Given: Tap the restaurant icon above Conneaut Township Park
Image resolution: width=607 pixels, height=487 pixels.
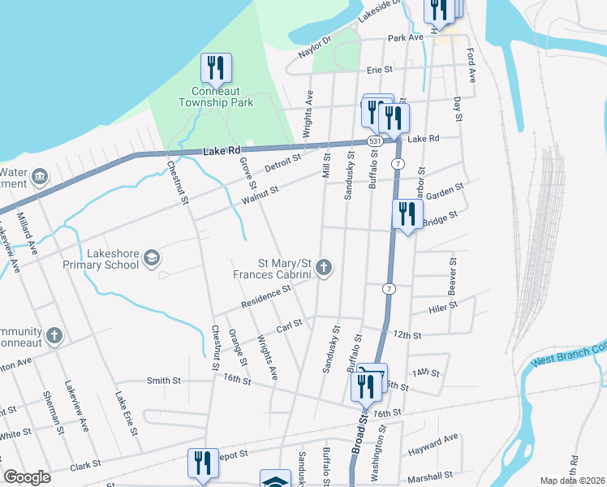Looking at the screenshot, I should point(216,68).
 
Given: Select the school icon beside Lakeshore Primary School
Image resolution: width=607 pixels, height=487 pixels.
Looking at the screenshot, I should point(151,258).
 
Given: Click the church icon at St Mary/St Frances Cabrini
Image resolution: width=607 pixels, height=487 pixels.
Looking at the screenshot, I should point(324,267).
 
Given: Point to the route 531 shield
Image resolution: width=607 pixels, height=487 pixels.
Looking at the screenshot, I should point(374,141).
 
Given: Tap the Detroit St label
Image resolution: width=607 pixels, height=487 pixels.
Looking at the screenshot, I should point(282,162).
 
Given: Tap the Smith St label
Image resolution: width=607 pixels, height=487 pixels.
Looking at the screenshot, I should point(163,380).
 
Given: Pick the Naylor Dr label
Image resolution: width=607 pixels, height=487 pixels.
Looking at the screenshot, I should point(316,46).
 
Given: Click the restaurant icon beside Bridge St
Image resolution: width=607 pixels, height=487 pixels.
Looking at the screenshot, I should point(406,215).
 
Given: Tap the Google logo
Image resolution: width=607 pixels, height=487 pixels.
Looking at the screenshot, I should point(28,477).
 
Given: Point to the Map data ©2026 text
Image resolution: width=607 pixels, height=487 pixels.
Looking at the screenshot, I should point(573,481).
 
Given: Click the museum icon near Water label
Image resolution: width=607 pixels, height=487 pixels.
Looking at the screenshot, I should point(38,176).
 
